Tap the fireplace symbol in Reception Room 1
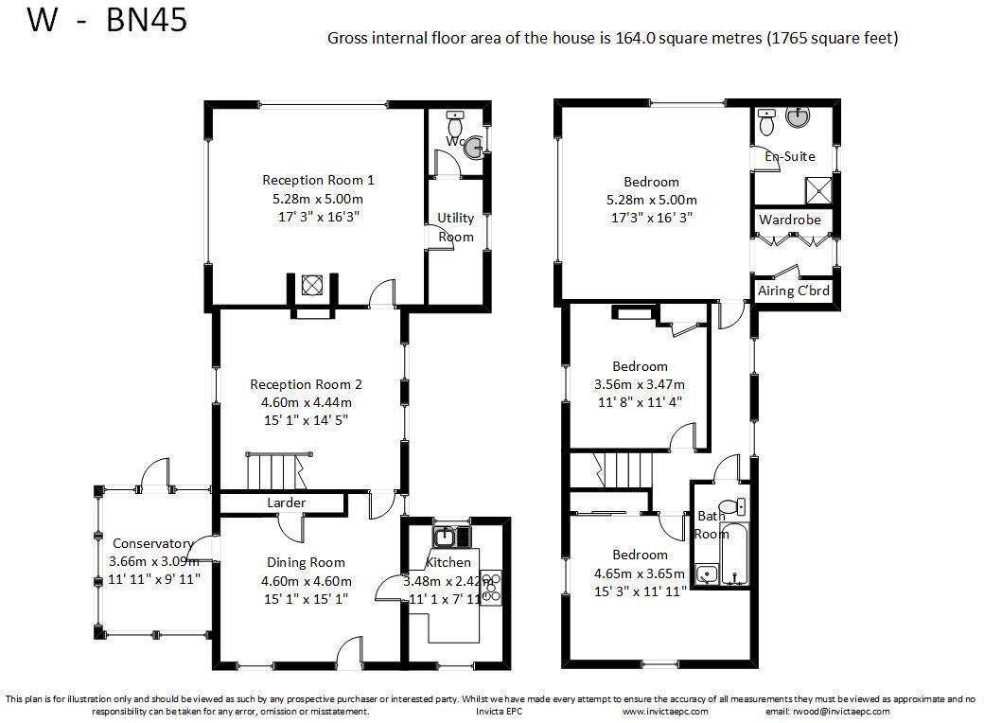pos(311,285)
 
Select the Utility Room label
pos(455,227)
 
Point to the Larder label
pos(286,503)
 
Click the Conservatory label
pos(152,543)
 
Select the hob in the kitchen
pos(490,587)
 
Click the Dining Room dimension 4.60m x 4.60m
pos(307,581)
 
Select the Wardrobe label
pos(789,220)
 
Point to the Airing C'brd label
pos(794,291)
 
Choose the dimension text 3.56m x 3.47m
pos(639,384)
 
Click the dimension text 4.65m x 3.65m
pos(639,573)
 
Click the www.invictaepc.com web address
pos(665,711)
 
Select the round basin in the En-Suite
pos(800,118)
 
